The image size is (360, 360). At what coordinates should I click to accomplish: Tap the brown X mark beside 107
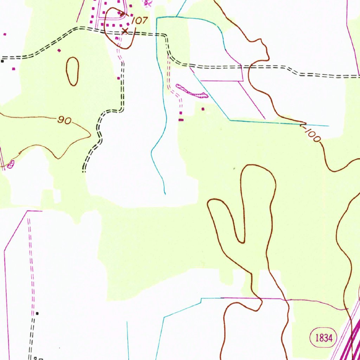pyautogui.click(x=125, y=31)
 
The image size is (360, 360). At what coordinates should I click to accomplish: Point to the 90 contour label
pyautogui.click(x=65, y=121)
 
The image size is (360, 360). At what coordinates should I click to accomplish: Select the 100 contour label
pyautogui.click(x=312, y=135)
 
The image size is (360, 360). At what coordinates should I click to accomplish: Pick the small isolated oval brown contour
pyautogui.click(x=72, y=71)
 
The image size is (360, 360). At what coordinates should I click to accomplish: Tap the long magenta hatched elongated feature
pyautogui.click(x=192, y=91)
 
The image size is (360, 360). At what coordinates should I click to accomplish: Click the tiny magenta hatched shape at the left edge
pyautogui.click(x=11, y=163)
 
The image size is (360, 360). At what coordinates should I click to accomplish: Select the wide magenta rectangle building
pyautogui.click(x=181, y=120)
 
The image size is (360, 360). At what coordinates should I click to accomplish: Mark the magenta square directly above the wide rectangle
pyautogui.click(x=181, y=113)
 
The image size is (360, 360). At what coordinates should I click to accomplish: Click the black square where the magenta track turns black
pyautogui.click(x=37, y=313)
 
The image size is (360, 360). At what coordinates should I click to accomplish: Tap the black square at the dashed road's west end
pyautogui.click(x=2, y=61)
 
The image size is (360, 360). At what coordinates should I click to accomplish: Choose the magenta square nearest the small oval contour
pyautogui.click(x=59, y=51)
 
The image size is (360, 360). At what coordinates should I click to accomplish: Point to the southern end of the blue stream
pyautogui.click(x=165, y=193)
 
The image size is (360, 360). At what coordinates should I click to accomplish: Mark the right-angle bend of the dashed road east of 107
pyautogui.click(x=166, y=36)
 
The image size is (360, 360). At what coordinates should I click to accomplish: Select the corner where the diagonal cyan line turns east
pyautogui.click(x=230, y=121)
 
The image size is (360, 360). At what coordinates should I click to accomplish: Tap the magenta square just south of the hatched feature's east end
pyautogui.click(x=202, y=109)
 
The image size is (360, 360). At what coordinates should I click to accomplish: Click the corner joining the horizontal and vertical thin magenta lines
pyautogui.click(x=243, y=81)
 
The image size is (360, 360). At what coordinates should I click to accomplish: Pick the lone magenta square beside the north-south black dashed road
pyautogui.click(x=118, y=78)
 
